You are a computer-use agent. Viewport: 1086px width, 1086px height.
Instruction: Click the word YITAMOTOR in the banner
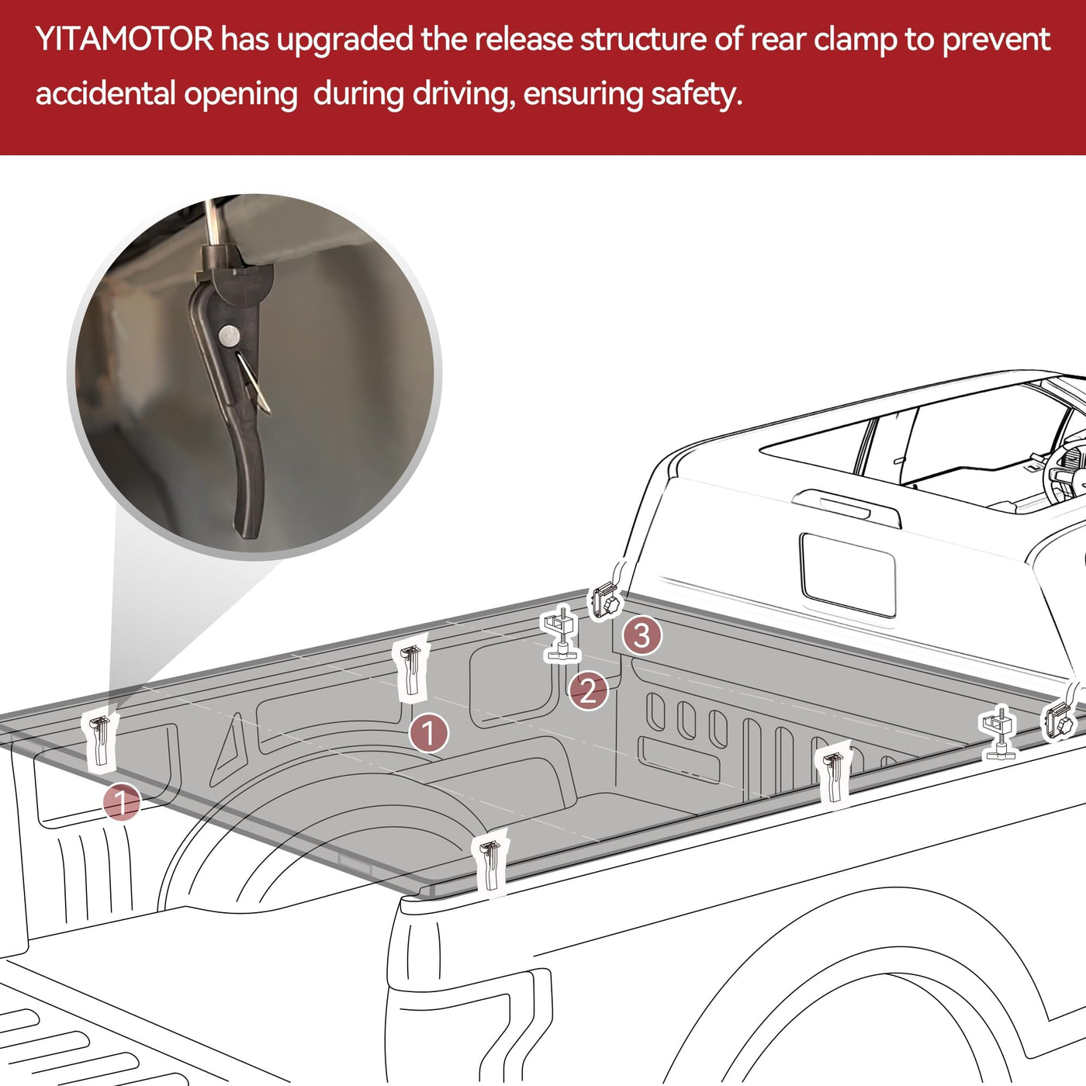pyautogui.click(x=125, y=39)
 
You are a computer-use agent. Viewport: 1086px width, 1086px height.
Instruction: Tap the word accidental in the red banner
pyautogui.click(x=104, y=93)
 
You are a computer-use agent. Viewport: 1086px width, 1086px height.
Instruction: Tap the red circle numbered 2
pyautogui.click(x=588, y=690)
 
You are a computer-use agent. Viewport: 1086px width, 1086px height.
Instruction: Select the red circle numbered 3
pyautogui.click(x=642, y=636)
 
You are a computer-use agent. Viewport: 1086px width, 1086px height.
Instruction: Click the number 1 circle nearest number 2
pyautogui.click(x=429, y=733)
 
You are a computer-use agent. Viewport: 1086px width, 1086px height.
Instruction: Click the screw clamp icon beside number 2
pyautogui.click(x=561, y=633)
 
